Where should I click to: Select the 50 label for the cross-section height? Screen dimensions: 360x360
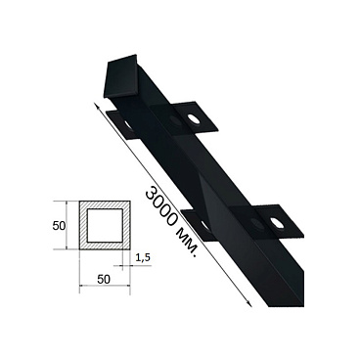coord(59,226)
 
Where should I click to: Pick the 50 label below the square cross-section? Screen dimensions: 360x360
coord(104,279)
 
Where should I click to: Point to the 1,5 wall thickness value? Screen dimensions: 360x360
coord(142,257)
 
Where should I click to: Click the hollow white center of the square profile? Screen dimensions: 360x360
coord(105,226)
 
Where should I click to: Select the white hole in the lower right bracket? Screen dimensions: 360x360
coord(277,224)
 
